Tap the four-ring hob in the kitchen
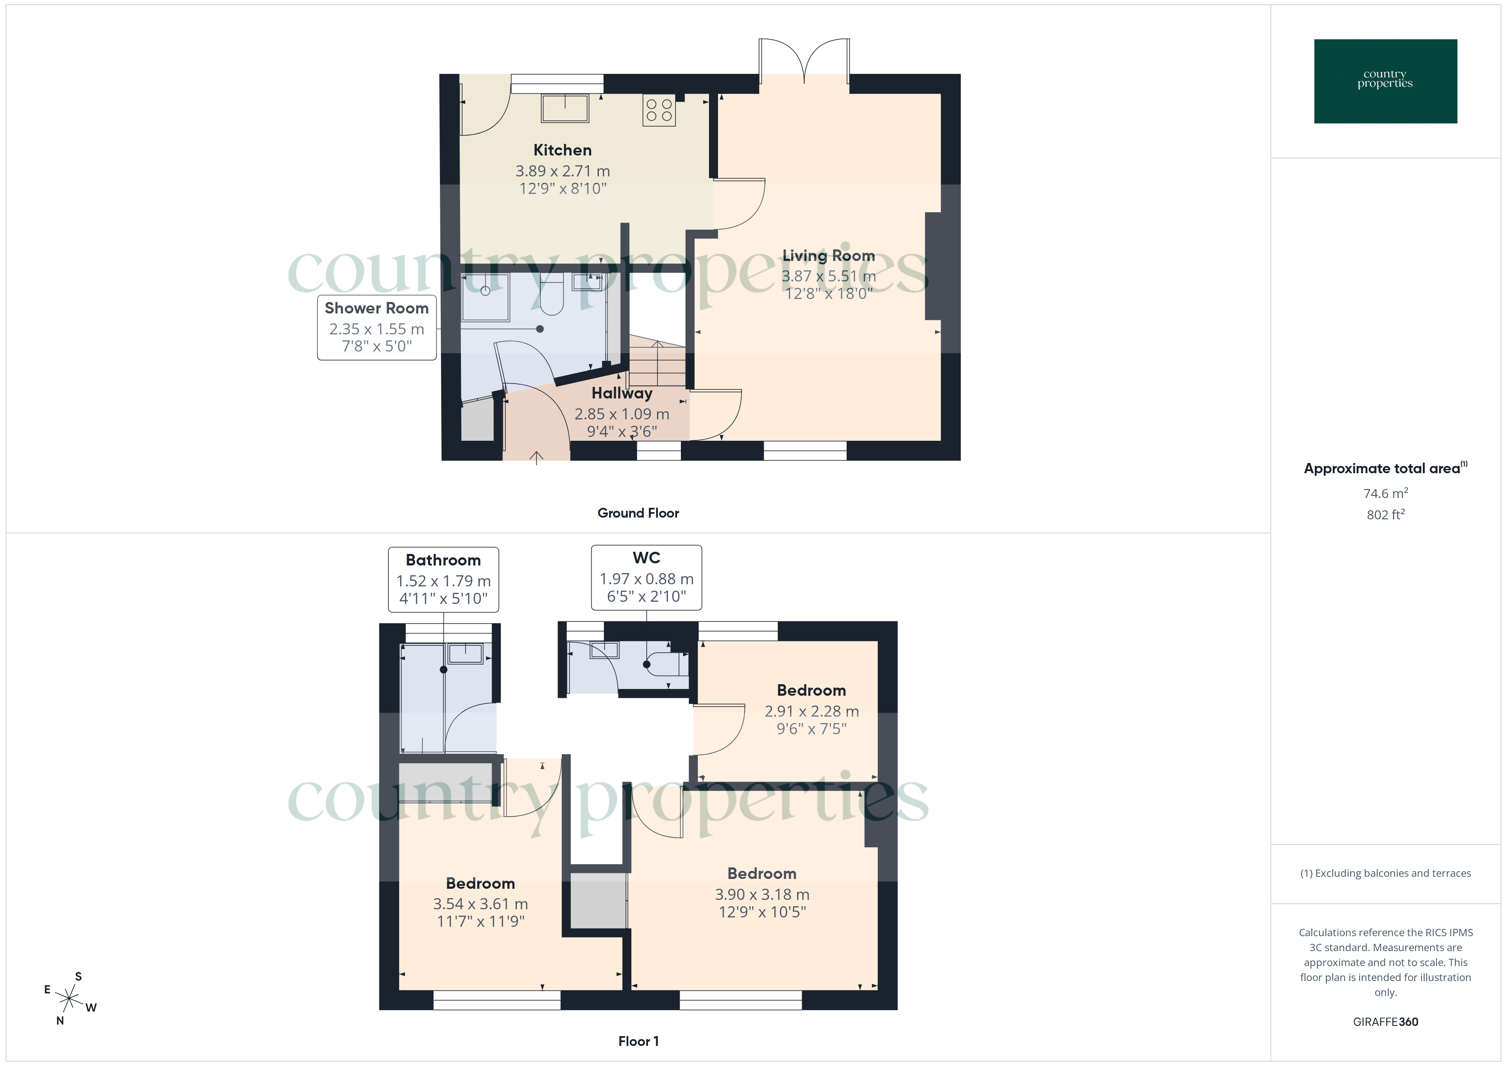[x=659, y=110]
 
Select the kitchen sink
[x=564, y=108]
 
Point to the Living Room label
[x=828, y=256]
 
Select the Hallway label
[x=622, y=393]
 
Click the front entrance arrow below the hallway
[x=536, y=457]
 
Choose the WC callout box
[x=647, y=577]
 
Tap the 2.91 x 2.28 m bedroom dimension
[x=811, y=711]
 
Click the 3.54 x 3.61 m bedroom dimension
[x=481, y=904]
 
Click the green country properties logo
[x=1385, y=81]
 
